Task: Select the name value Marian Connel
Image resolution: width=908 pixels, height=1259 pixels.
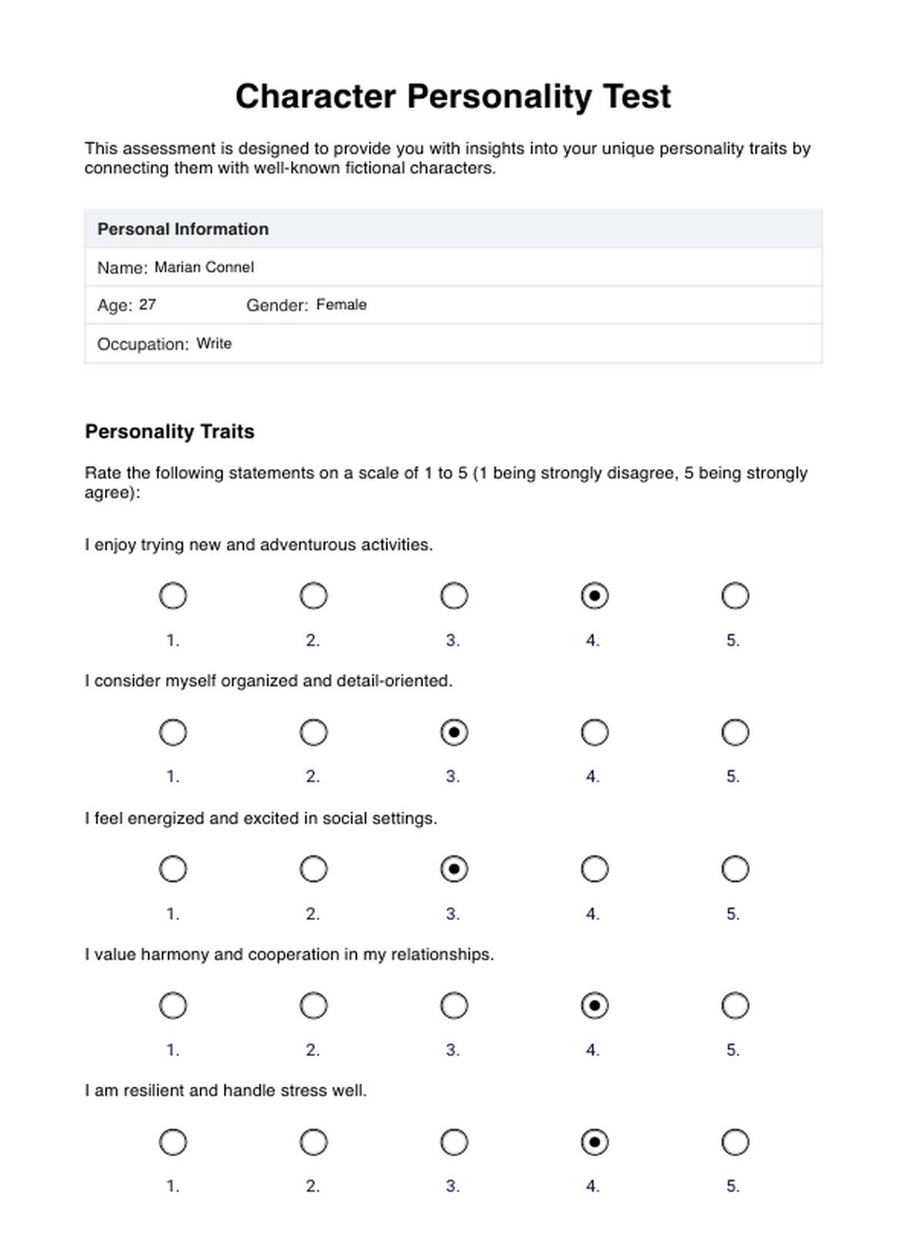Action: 204,267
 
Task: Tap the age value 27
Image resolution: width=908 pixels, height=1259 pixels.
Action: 147,305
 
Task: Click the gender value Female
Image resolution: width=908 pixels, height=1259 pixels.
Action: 341,305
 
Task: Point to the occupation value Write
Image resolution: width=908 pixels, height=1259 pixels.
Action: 214,344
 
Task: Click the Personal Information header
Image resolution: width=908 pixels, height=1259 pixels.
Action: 183,229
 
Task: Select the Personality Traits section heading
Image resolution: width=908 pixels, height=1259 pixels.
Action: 170,432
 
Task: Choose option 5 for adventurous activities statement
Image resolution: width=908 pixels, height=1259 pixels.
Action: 735,596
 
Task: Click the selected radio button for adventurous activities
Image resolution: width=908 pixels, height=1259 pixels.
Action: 595,596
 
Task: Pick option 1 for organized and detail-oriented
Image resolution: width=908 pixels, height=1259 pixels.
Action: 173,732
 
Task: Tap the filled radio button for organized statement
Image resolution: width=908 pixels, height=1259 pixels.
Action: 454,732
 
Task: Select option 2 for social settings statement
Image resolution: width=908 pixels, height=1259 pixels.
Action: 313,869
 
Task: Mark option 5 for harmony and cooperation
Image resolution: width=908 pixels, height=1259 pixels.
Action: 735,1006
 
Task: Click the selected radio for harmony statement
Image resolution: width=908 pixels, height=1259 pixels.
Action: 595,1006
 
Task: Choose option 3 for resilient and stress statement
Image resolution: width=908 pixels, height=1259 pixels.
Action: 454,1142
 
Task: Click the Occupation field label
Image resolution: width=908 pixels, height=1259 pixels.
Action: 143,344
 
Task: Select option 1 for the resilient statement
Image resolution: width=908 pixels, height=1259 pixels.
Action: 173,1142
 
